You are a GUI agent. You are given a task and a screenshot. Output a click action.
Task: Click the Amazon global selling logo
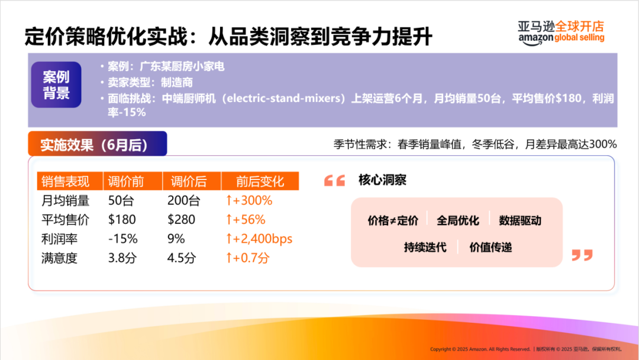pyautogui.click(x=561, y=32)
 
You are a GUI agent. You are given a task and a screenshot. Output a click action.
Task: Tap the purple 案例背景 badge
pyautogui.click(x=56, y=85)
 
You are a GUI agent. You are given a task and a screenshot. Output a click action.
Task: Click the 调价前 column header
pyautogui.click(x=126, y=181)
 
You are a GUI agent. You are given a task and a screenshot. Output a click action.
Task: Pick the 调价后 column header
pyautogui.click(x=188, y=181)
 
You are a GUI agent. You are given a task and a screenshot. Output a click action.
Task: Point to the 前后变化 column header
pyautogui.click(x=260, y=181)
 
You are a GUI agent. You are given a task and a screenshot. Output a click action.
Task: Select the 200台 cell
pyautogui.click(x=183, y=201)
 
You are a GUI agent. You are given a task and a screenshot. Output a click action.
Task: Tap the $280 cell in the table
pyautogui.click(x=181, y=220)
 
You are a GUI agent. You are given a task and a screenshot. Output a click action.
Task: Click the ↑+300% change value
pyautogui.click(x=248, y=201)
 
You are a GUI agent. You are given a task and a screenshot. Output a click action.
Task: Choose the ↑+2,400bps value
pyautogui.click(x=259, y=239)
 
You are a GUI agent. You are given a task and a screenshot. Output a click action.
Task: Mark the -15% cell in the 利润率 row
pyautogui.click(x=122, y=239)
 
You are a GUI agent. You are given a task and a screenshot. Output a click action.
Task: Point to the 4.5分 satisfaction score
pyautogui.click(x=181, y=258)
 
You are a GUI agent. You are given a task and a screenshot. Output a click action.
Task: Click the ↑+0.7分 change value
pyautogui.click(x=247, y=258)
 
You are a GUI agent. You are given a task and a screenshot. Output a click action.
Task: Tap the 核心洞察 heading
pyautogui.click(x=382, y=180)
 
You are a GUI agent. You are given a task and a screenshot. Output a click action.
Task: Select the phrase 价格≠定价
pyautogui.click(x=393, y=221)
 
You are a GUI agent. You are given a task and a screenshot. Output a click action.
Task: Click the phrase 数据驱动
pyautogui.click(x=520, y=221)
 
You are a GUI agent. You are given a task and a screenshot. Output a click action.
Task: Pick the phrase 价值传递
pyautogui.click(x=490, y=247)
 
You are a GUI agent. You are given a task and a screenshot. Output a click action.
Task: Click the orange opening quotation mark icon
pyautogui.click(x=334, y=181)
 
